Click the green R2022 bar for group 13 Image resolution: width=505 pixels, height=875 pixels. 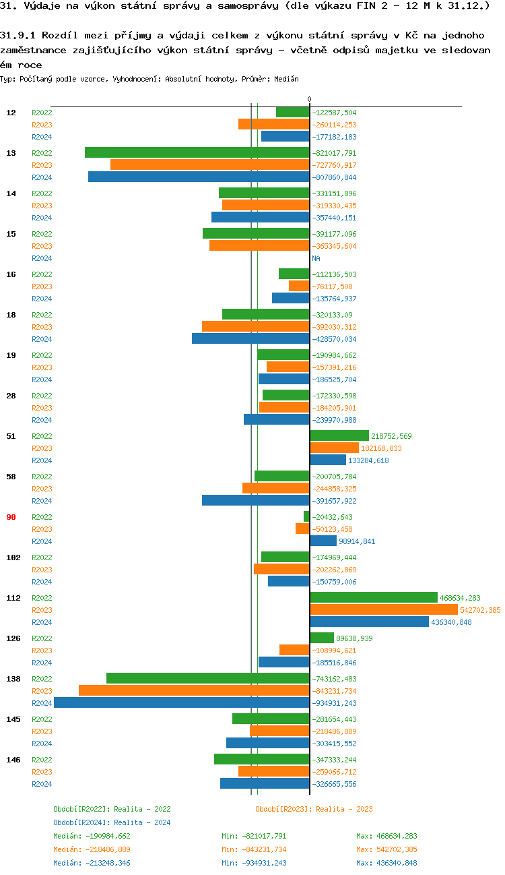point(197,153)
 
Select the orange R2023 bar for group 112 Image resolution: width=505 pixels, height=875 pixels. point(384,610)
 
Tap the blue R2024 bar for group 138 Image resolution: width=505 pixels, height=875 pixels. point(182,703)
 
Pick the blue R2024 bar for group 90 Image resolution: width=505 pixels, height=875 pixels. point(323,541)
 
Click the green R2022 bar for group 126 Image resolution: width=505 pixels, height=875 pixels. point(322,638)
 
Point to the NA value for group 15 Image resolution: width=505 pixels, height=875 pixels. point(316,258)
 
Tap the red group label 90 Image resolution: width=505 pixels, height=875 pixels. point(11,517)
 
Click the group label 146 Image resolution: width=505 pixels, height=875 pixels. point(13,760)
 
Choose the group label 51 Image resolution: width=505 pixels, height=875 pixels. point(11,436)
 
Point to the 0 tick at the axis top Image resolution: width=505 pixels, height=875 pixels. point(310,100)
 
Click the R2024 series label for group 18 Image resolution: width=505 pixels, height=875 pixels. point(42,339)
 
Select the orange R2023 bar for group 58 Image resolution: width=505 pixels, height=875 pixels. point(275,489)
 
